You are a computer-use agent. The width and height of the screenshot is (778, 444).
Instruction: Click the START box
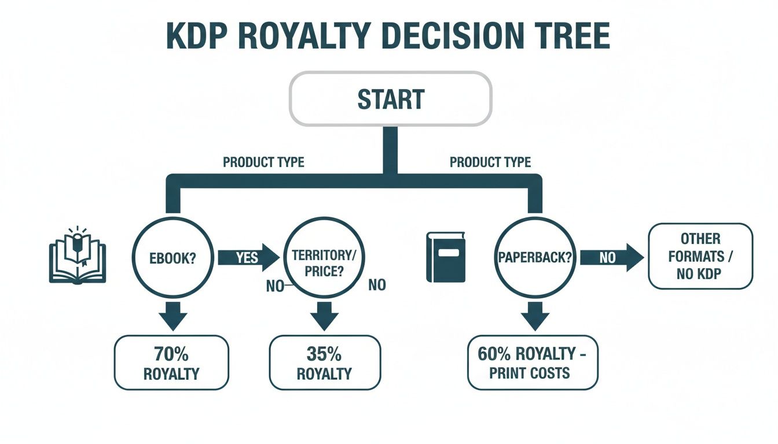(391, 98)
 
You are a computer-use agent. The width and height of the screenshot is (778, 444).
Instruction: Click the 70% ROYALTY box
(171, 362)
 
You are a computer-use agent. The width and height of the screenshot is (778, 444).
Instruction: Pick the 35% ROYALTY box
(325, 362)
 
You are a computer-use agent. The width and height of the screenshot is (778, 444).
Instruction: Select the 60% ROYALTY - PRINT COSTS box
(533, 362)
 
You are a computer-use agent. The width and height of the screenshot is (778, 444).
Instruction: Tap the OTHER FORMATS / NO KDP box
(700, 256)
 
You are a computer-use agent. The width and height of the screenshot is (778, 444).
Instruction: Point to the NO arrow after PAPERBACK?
(611, 257)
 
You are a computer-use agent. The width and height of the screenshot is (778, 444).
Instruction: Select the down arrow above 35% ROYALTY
(325, 316)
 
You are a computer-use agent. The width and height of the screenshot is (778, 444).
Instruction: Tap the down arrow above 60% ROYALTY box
(533, 316)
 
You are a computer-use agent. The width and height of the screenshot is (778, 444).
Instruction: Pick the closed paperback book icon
(446, 257)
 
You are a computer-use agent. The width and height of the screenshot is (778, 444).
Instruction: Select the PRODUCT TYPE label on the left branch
(263, 162)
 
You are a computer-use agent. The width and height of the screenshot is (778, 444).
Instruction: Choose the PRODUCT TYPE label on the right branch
(490, 162)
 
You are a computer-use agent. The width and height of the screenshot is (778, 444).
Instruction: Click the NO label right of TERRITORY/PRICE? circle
(376, 284)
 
